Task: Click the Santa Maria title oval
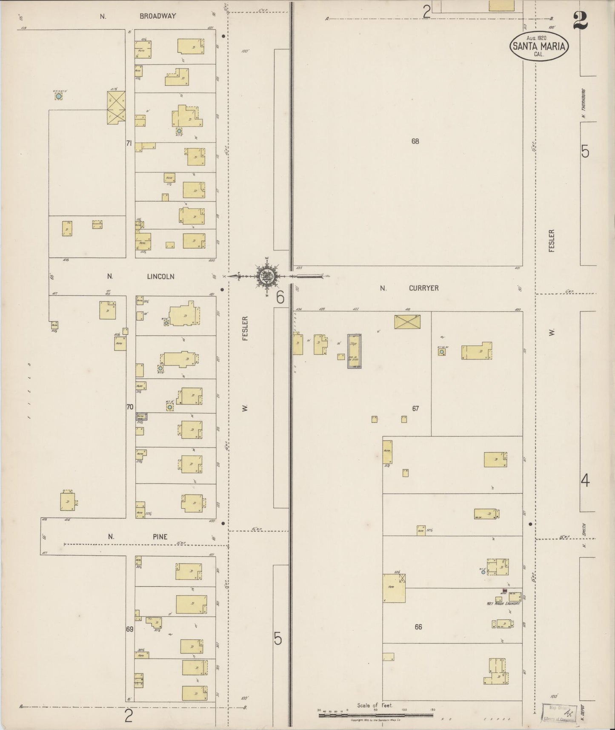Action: [x=539, y=46]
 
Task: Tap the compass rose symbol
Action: [x=267, y=276]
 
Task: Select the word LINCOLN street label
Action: [x=160, y=276]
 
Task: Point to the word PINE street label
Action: [x=160, y=537]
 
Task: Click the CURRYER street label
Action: [x=423, y=288]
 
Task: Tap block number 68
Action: [x=415, y=141]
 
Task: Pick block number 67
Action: [x=415, y=408]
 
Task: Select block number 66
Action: [x=418, y=627]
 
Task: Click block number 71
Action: [x=129, y=144]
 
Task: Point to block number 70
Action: [x=130, y=407]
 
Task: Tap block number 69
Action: [x=130, y=629]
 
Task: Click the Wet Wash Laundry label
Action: [x=503, y=604]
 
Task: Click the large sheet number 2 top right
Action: [x=580, y=21]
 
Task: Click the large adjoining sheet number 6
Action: [x=280, y=297]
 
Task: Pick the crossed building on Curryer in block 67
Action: [x=407, y=322]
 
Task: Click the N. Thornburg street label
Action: [x=585, y=103]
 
